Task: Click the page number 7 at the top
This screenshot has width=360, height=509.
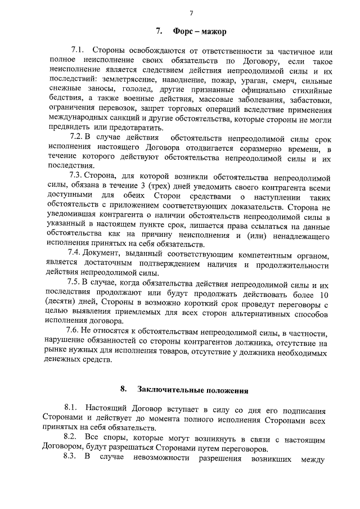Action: point(191,13)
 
